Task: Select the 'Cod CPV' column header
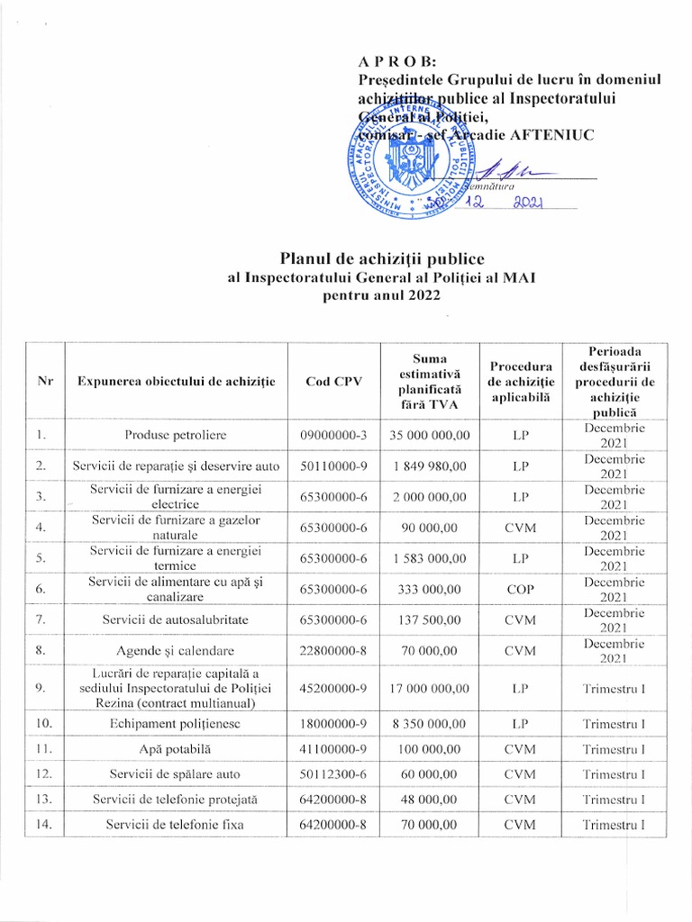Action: coord(333,381)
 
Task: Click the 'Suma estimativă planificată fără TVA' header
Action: coord(429,380)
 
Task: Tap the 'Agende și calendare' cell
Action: coord(176,651)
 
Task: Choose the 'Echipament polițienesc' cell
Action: coord(176,722)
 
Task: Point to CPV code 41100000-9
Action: coord(333,748)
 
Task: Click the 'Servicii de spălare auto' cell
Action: coord(176,773)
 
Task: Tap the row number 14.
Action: coord(41,824)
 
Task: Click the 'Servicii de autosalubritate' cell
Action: coord(176,621)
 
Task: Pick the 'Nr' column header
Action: coord(41,381)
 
